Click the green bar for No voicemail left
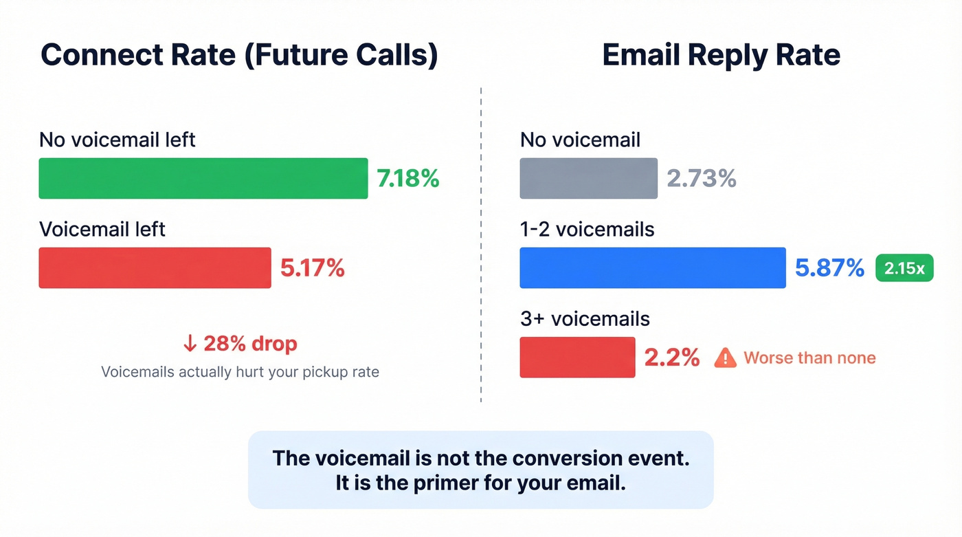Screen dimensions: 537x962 [203, 178]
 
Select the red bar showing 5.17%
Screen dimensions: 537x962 [155, 267]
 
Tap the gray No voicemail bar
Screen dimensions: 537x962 [588, 178]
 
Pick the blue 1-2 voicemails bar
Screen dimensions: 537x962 [652, 267]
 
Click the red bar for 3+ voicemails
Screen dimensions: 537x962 [577, 357]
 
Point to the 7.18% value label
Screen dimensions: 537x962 [407, 179]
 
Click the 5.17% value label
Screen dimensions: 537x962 [312, 268]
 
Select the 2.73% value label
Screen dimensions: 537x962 [701, 179]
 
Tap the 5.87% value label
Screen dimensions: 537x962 [829, 268]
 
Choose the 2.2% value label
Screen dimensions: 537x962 [671, 358]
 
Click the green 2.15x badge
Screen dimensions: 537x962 [904, 268]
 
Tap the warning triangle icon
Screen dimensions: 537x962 [725, 358]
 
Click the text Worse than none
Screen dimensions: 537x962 [809, 358]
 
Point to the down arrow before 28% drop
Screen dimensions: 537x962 [190, 343]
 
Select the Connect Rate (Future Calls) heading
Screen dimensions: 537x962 [239, 55]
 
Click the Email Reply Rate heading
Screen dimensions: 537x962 [721, 55]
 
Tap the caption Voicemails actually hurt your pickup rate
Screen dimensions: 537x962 [240, 372]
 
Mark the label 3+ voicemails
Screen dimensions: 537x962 [585, 319]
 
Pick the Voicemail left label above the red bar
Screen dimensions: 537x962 [102, 229]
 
